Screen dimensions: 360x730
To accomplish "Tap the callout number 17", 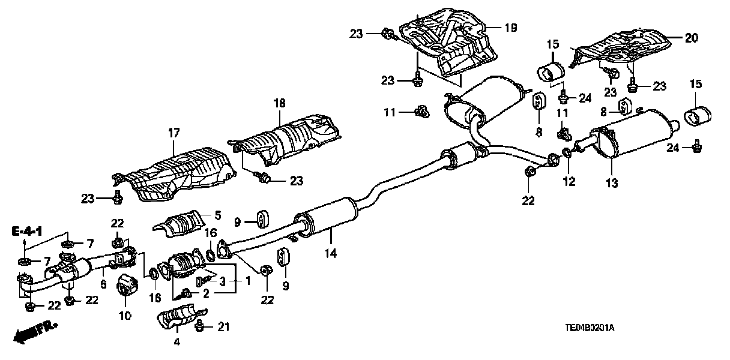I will (174, 135).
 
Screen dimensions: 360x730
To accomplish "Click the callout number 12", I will (567, 180).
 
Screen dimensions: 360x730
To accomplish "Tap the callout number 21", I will (223, 327).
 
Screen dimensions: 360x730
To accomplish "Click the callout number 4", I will (176, 343).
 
